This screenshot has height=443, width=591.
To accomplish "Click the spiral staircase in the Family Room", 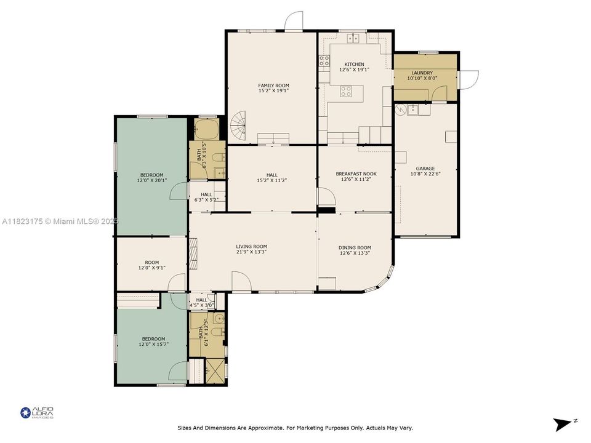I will point(238,128).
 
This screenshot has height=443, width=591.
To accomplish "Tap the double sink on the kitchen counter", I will point(353,38).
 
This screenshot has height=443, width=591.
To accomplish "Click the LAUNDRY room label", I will point(422,73).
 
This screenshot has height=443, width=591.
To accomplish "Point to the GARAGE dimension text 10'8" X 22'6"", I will point(425,174).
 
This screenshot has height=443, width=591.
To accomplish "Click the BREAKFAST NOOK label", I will point(356,174).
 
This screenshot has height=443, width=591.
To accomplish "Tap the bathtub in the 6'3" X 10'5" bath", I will point(203,130).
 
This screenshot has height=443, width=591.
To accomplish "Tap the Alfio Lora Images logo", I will point(37,413).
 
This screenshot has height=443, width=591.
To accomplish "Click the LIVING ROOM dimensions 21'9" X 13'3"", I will point(252,252).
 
